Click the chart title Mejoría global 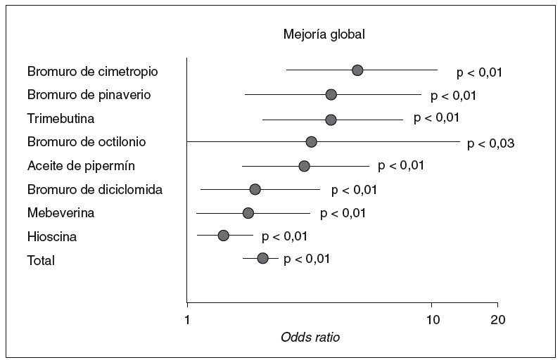324,34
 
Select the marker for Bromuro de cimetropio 357,70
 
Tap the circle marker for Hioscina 223,236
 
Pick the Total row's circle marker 262,259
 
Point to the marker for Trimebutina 331,120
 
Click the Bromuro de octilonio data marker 311,142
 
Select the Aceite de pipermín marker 304,166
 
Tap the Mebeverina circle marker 248,212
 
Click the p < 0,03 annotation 492,143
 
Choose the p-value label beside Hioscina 284,236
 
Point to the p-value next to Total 307,259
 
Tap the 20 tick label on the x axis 497,319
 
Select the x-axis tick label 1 187,319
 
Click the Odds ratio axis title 310,337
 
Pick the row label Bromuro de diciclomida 95,190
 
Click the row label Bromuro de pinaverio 89,94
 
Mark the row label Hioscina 52,237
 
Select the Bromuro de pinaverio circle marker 331,94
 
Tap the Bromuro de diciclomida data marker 255,189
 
